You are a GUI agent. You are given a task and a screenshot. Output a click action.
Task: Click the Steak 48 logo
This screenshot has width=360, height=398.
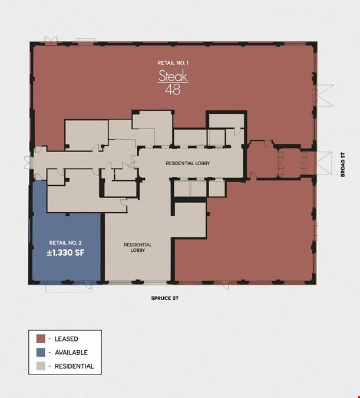[173, 82]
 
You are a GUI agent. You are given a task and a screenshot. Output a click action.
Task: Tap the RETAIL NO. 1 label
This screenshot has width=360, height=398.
[173, 63]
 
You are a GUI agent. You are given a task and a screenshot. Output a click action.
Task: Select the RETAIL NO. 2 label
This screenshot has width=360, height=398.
[65, 243]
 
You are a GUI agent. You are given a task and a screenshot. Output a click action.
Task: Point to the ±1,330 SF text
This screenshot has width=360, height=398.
[65, 253]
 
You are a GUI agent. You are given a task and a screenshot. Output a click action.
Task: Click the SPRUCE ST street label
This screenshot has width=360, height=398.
[164, 298]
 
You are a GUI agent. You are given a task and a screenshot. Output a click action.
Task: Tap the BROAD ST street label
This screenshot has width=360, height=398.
[343, 165]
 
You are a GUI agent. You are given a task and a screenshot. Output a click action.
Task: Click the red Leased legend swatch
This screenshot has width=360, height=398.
[41, 338]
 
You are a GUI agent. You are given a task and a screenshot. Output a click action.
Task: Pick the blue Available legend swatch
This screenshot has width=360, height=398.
[41, 353]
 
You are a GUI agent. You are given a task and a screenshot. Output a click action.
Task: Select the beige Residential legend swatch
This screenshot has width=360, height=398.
[41, 366]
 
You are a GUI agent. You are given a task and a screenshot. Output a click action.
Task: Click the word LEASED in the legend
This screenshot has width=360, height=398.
[67, 339]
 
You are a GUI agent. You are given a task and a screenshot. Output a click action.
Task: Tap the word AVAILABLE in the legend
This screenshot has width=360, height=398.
[71, 353]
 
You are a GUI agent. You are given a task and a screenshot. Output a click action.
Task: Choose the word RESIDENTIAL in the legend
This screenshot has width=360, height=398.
[74, 366]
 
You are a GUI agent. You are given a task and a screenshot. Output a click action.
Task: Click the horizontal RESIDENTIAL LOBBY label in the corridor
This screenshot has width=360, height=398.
[188, 163]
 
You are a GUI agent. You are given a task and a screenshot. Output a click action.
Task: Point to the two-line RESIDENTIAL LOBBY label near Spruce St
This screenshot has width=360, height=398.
[138, 248]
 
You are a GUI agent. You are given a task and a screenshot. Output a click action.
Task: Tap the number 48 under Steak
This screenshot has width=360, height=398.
[173, 90]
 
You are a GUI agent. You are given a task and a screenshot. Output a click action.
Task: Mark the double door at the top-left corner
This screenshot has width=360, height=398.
[51, 40]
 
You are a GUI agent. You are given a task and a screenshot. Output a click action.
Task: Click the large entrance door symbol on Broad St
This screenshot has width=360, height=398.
[323, 163]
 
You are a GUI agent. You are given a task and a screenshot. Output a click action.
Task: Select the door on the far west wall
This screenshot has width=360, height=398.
[28, 163]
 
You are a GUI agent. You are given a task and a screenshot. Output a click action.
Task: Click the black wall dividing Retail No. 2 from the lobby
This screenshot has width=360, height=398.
[103, 247]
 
